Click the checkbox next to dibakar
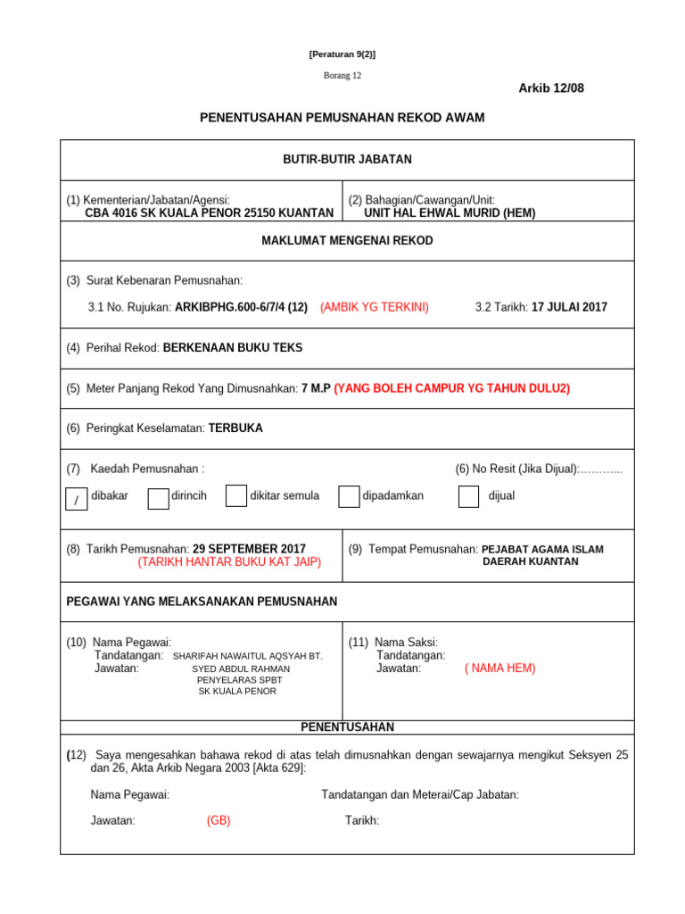click(x=77, y=499)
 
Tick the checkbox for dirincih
click(x=158, y=497)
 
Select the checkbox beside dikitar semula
click(x=235, y=496)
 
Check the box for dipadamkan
click(x=349, y=497)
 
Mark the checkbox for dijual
click(x=468, y=497)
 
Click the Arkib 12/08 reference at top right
click(x=551, y=87)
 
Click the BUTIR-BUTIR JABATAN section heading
click(x=347, y=159)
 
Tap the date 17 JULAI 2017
click(x=569, y=307)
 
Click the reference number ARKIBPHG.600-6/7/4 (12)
click(x=241, y=307)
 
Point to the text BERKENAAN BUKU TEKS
click(x=233, y=348)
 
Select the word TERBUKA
click(x=235, y=428)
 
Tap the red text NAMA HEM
click(x=499, y=668)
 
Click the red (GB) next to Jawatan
click(x=219, y=820)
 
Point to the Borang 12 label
click(x=342, y=75)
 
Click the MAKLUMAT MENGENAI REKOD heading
click(x=347, y=241)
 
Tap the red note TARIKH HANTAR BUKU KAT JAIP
click(x=229, y=562)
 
